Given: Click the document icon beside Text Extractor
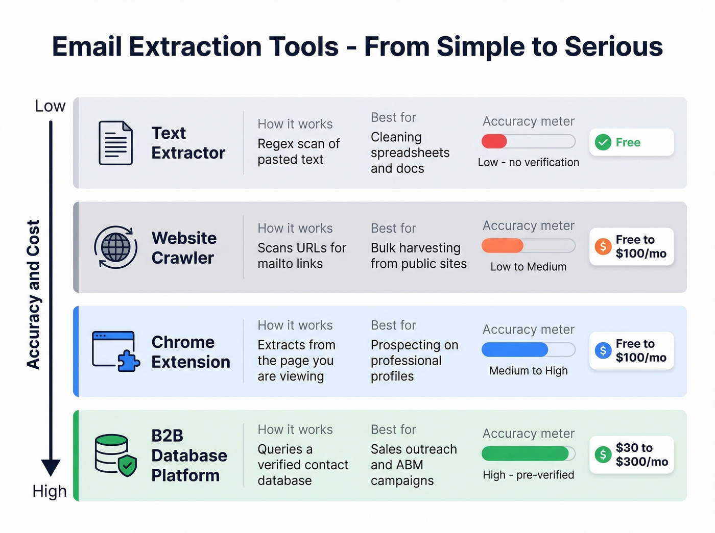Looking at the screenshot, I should click(x=115, y=143).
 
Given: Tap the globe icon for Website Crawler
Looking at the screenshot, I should click(x=115, y=247).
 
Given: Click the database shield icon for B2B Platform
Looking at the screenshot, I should click(x=115, y=455).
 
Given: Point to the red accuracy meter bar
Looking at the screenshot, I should click(x=494, y=141).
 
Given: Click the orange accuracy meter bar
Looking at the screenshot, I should click(x=503, y=246).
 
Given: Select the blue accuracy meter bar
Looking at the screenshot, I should click(x=515, y=350).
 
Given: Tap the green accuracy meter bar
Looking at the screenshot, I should click(x=525, y=453).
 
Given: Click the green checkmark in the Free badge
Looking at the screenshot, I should click(x=603, y=142).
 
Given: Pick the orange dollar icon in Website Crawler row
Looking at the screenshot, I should click(x=603, y=247).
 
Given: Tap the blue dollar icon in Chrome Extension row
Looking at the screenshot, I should click(x=603, y=350).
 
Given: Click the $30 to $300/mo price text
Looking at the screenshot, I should click(x=641, y=454).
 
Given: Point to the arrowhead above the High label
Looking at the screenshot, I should click(x=51, y=467).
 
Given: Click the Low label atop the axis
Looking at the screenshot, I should click(x=50, y=106).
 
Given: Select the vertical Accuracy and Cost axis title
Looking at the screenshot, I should click(x=33, y=295).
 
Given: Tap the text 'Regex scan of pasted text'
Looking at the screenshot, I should click(x=298, y=151).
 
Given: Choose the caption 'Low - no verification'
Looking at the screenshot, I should click(x=528, y=162).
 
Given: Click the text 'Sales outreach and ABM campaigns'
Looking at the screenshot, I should click(x=413, y=465).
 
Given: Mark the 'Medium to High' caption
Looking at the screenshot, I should click(x=528, y=371).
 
